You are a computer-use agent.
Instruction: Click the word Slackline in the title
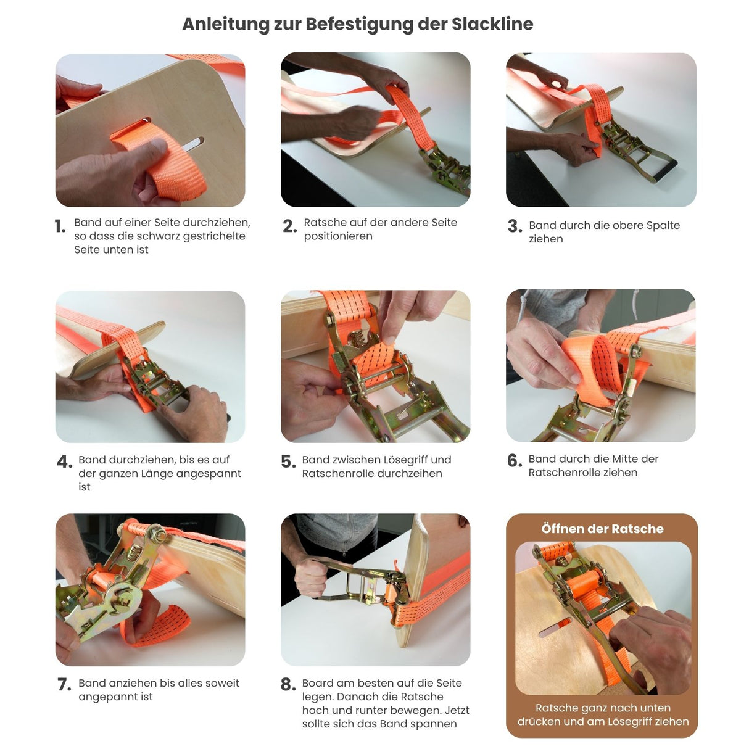[492, 24]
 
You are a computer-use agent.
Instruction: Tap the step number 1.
[60, 226]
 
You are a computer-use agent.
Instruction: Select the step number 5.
[288, 461]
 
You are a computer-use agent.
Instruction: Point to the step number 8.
[288, 684]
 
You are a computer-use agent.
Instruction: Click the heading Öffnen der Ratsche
[602, 529]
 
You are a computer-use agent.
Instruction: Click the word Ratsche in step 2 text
[325, 222]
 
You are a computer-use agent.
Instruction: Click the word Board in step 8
[318, 683]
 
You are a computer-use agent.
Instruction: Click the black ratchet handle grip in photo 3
[665, 171]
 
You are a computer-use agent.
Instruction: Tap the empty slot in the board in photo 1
[192, 144]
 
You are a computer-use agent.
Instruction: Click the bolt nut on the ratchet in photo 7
[158, 536]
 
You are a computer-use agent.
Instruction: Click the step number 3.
[515, 226]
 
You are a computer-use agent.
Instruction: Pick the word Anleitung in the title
[225, 25]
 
